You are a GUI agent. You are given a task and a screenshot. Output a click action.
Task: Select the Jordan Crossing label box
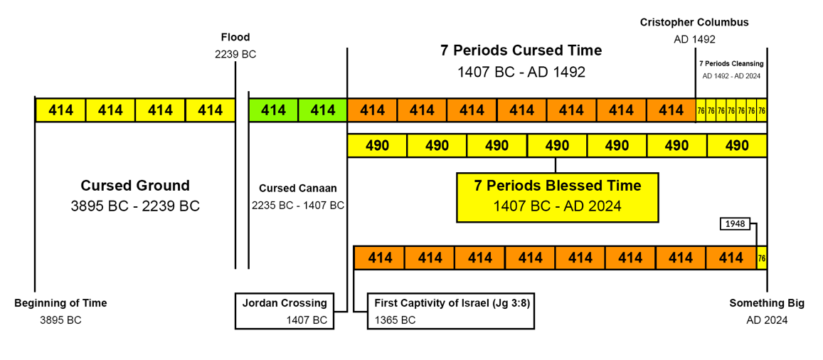pyautogui.click(x=285, y=311)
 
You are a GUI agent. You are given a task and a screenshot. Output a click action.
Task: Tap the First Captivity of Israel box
pyautogui.click(x=451, y=311)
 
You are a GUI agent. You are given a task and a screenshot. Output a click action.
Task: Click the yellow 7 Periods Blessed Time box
pyautogui.click(x=557, y=196)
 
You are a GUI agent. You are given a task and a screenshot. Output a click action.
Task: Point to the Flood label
pyautogui.click(x=235, y=37)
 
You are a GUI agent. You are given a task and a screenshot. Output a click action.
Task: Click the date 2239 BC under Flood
pyautogui.click(x=235, y=53)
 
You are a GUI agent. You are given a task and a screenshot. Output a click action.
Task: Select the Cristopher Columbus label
pyautogui.click(x=694, y=23)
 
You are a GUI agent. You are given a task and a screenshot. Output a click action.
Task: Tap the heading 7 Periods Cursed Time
pyautogui.click(x=521, y=51)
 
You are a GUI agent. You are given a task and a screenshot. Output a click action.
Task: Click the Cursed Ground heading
pyautogui.click(x=135, y=186)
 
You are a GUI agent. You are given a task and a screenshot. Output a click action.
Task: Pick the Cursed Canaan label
pyautogui.click(x=297, y=189)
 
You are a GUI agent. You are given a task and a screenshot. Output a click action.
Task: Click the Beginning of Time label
pyautogui.click(x=60, y=303)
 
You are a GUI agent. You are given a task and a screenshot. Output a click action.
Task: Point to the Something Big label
pyautogui.click(x=767, y=303)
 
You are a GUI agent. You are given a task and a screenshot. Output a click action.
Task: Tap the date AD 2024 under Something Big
pyautogui.click(x=767, y=319)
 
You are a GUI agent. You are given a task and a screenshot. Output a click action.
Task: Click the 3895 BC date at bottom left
pyautogui.click(x=60, y=319)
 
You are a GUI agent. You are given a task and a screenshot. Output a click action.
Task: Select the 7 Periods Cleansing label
pyautogui.click(x=731, y=63)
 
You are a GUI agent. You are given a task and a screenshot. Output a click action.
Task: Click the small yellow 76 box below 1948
pyautogui.click(x=762, y=258)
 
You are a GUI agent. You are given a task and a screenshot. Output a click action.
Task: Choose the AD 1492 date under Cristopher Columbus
pyautogui.click(x=694, y=39)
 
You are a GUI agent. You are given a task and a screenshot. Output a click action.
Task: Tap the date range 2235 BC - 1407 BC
pyautogui.click(x=297, y=205)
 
